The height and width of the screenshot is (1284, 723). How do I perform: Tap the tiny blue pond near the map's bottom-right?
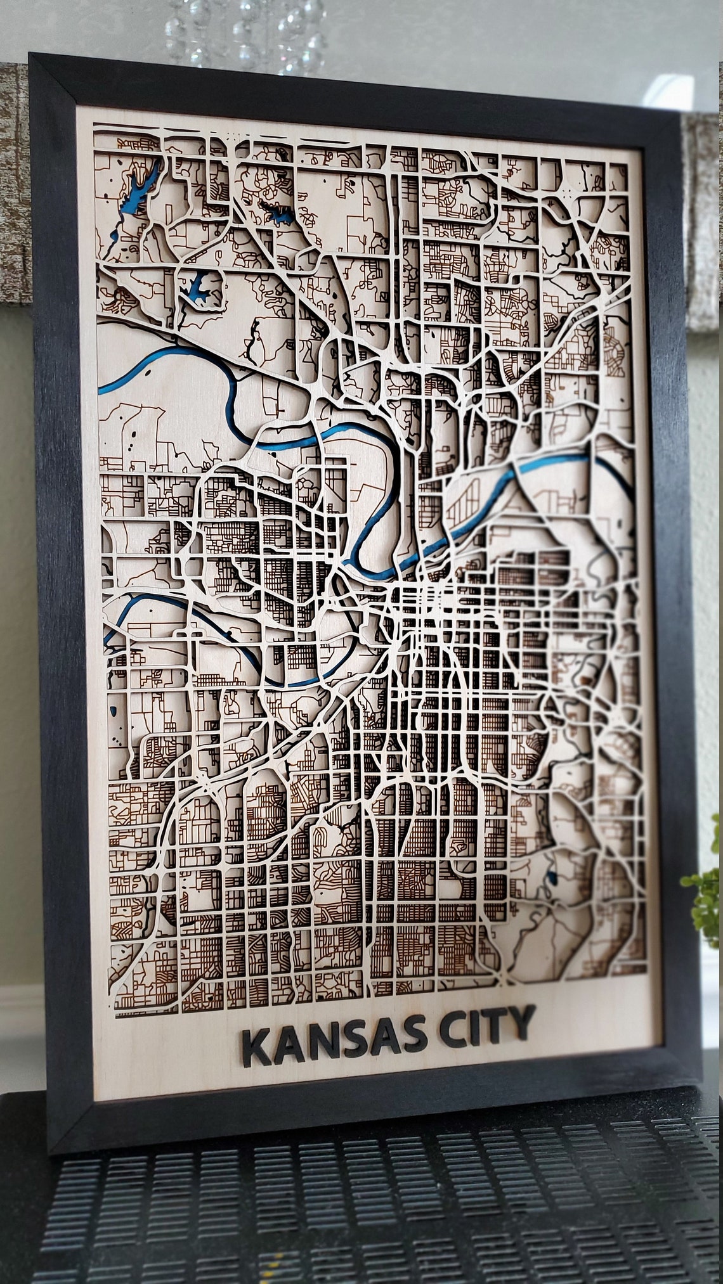pyautogui.click(x=550, y=878)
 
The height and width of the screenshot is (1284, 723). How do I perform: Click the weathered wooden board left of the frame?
pyautogui.click(x=14, y=190)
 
